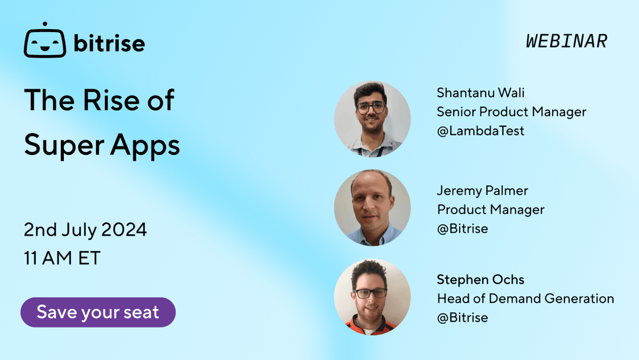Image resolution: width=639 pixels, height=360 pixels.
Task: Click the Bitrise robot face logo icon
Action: [x=44, y=43]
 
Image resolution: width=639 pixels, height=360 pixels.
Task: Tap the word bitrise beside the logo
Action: [x=109, y=43]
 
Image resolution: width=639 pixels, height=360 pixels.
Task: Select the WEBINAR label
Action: [x=566, y=41]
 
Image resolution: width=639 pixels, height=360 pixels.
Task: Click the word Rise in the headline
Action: [x=118, y=100]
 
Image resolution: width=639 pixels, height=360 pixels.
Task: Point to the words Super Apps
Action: [x=102, y=145]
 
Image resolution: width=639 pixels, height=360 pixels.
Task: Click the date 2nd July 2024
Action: [x=85, y=230]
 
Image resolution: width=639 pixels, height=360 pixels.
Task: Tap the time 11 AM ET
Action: [x=62, y=258]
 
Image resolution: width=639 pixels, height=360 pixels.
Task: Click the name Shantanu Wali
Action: [x=480, y=93]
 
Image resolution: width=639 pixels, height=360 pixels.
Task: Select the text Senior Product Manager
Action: [x=511, y=112]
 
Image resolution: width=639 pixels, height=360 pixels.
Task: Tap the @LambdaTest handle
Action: [x=480, y=131]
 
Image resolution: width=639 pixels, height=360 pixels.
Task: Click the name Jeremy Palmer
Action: [x=482, y=191]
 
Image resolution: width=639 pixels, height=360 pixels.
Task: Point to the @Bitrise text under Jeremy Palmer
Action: [x=462, y=229]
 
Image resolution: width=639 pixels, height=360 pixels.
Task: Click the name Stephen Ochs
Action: [x=480, y=279]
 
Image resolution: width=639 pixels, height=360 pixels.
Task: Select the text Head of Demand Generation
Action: [x=525, y=298]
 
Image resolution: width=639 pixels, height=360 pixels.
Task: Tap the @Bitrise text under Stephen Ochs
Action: [x=462, y=317]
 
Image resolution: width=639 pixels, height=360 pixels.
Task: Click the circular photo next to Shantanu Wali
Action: [x=372, y=119]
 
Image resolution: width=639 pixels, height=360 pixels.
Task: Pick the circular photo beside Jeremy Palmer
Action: [x=372, y=208]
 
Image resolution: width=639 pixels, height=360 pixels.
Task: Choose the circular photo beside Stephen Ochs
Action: [x=372, y=297]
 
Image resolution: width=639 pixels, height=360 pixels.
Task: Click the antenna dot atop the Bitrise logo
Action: [x=44, y=24]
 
